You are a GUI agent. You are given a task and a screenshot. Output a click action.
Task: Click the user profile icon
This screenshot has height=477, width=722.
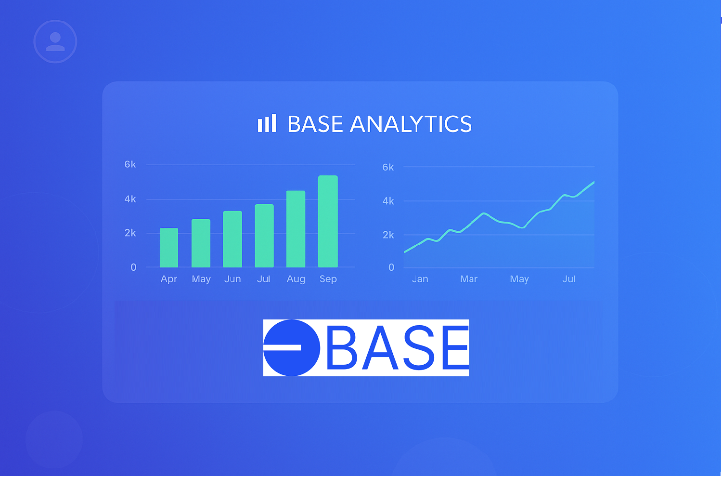click(x=55, y=41)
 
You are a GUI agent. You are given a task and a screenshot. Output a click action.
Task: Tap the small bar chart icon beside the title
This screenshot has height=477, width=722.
click(x=267, y=123)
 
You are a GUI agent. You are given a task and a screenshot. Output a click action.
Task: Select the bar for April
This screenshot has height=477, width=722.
click(x=169, y=248)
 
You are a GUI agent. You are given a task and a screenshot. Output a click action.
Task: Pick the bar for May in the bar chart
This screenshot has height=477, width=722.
click(x=201, y=243)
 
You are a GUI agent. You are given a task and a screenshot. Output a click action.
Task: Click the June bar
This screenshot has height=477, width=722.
click(x=232, y=239)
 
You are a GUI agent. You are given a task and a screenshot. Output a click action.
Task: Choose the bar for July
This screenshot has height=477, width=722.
click(x=264, y=236)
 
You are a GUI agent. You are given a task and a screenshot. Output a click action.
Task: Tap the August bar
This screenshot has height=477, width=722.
click(x=296, y=229)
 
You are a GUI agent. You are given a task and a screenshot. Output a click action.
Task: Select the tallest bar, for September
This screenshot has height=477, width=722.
click(x=328, y=221)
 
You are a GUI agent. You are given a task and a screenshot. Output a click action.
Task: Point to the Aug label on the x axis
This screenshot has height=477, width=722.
click(x=296, y=279)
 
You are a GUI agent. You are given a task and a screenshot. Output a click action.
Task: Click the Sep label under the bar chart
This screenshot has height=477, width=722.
click(x=328, y=279)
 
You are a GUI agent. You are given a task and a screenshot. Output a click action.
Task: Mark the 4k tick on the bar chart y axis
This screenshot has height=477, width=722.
click(x=130, y=199)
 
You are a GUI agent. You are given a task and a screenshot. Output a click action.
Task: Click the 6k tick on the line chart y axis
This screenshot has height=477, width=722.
click(x=388, y=167)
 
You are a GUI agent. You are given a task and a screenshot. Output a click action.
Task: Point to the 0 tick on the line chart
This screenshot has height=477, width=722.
click(x=391, y=267)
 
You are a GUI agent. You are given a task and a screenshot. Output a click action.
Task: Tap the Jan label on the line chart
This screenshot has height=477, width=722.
click(x=420, y=279)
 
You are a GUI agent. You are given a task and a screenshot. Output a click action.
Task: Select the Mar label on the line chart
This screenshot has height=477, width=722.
click(x=469, y=279)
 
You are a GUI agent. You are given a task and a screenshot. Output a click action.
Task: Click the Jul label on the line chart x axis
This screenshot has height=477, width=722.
click(x=569, y=279)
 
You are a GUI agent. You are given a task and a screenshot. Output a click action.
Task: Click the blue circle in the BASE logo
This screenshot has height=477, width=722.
click(x=292, y=348)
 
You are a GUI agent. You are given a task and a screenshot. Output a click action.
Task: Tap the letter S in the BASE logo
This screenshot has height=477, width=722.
click(x=419, y=348)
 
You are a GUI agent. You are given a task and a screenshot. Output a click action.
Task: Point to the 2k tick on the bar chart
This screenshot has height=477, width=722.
click(x=130, y=233)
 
